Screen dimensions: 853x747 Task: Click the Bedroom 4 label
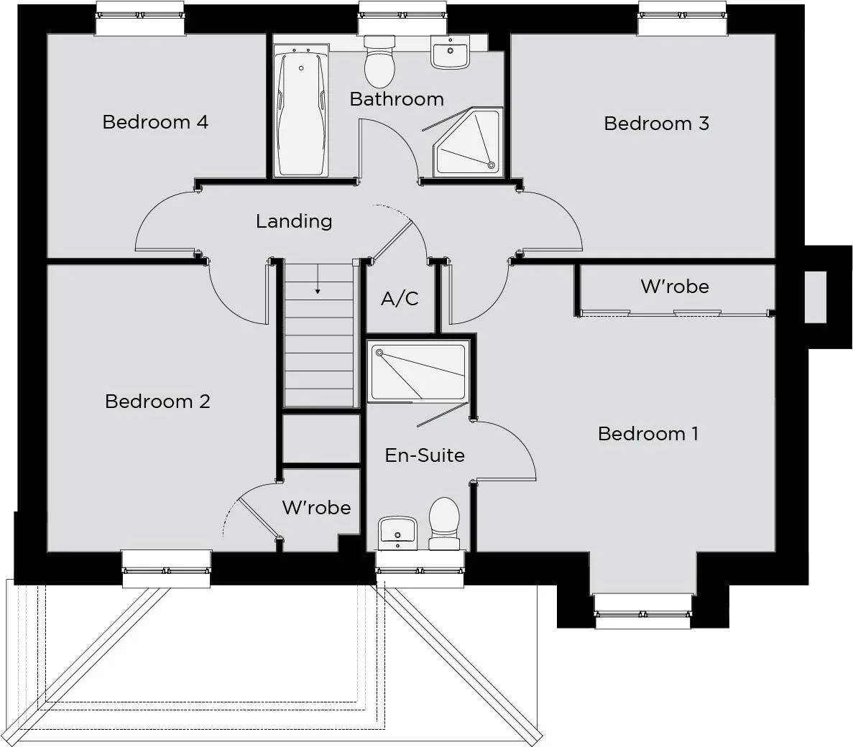[x=155, y=122]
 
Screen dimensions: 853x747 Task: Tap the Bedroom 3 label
[x=657, y=124]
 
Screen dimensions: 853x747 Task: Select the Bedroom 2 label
[x=158, y=402]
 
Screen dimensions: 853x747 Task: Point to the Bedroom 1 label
[x=648, y=433]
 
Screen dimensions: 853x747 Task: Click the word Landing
[x=294, y=221]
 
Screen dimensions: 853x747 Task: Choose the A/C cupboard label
[x=400, y=299]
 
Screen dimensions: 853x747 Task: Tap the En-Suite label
[x=425, y=455]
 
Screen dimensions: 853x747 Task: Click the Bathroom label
[x=397, y=99]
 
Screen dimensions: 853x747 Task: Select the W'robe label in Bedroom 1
[x=675, y=286]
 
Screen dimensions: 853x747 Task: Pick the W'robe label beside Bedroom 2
[x=317, y=507]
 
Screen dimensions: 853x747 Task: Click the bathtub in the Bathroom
[x=301, y=111]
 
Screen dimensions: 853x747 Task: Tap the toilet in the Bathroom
[x=379, y=62]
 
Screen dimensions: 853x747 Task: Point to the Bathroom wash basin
[x=450, y=52]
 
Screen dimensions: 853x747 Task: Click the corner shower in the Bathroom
[x=468, y=142]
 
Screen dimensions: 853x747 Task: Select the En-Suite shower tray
[x=418, y=372]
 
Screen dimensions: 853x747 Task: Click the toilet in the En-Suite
[x=444, y=524]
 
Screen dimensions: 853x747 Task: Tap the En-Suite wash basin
[x=397, y=533]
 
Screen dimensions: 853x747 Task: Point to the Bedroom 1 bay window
[x=643, y=613]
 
